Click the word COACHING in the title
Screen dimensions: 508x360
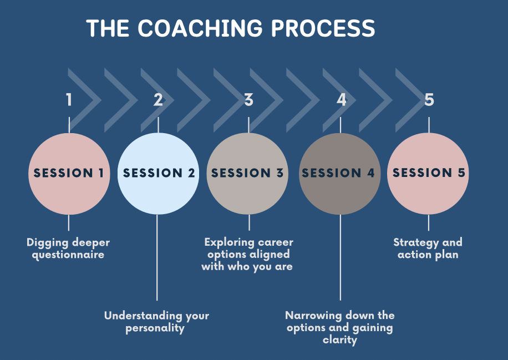point(200,28)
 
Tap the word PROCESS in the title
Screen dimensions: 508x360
point(323,28)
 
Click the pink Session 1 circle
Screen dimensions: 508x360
point(69,174)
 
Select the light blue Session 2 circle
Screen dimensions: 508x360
point(158,174)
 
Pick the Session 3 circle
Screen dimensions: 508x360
point(247,174)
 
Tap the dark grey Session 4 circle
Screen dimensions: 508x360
point(339,174)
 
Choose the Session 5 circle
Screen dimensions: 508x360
point(428,174)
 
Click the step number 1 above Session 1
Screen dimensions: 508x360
point(69,100)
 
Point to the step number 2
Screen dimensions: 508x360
point(158,100)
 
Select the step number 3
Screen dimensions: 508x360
point(249,100)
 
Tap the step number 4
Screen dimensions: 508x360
point(341,100)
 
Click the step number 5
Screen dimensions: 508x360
point(429,100)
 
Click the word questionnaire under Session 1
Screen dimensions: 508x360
point(68,255)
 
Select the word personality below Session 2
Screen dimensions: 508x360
point(155,328)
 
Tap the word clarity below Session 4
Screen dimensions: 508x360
point(340,340)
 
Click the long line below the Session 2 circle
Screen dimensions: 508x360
point(157,257)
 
